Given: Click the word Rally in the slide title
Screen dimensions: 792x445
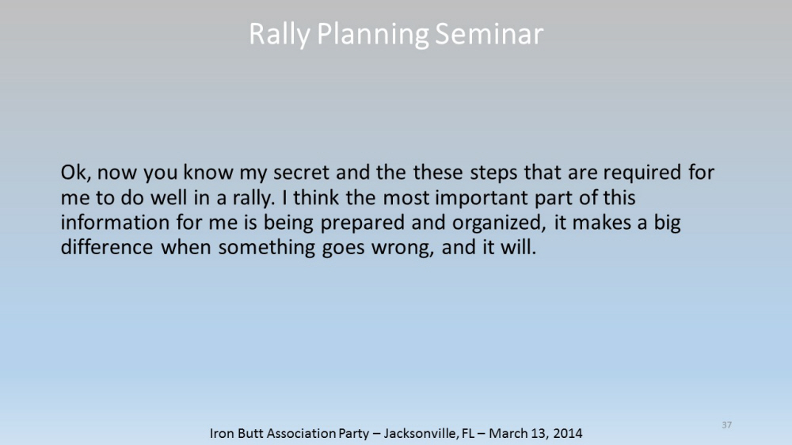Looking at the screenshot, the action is pos(280,35).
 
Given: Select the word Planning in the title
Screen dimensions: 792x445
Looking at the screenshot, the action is pos(373,35).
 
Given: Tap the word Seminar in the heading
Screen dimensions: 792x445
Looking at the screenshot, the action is pos(489,34).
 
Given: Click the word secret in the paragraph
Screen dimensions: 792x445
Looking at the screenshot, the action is pos(302,173).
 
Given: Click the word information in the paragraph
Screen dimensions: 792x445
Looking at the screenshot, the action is pos(115,222).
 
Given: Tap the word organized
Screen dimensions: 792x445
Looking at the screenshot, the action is pos(498,223).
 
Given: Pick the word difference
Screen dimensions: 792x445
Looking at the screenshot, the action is pos(107,247).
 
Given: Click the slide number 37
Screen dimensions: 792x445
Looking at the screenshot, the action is pos(727,424).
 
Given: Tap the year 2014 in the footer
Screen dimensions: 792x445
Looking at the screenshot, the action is pos(568,433).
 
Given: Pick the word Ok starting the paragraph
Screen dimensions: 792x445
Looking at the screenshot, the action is pos(75,173).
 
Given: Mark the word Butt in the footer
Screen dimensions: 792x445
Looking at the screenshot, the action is pos(249,433).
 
